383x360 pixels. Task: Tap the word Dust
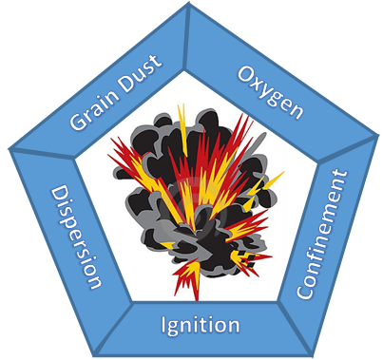139,70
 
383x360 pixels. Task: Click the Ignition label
199,326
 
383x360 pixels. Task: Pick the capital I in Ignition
164,325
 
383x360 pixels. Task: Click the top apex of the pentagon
191,5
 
